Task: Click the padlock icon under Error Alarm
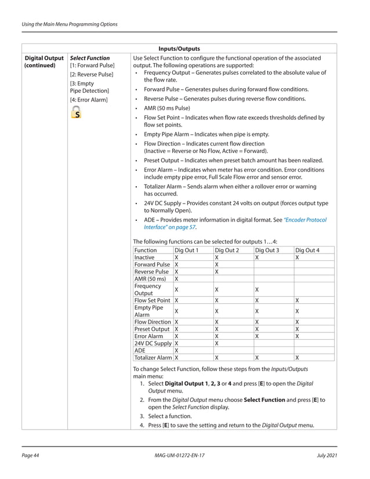point(76,114)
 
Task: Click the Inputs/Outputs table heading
point(179,49)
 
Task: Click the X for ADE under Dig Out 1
point(176,350)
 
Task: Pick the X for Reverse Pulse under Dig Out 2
point(216,271)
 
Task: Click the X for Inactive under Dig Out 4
point(297,257)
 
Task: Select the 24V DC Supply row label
point(153,343)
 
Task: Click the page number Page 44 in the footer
point(30,456)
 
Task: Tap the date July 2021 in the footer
point(327,456)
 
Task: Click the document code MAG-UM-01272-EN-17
point(177,456)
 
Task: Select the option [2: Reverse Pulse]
point(91,74)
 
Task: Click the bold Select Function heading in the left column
point(89,58)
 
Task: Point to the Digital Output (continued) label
point(44,62)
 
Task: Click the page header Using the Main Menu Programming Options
point(69,24)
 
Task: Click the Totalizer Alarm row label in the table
point(153,358)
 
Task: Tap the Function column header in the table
point(146,250)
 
